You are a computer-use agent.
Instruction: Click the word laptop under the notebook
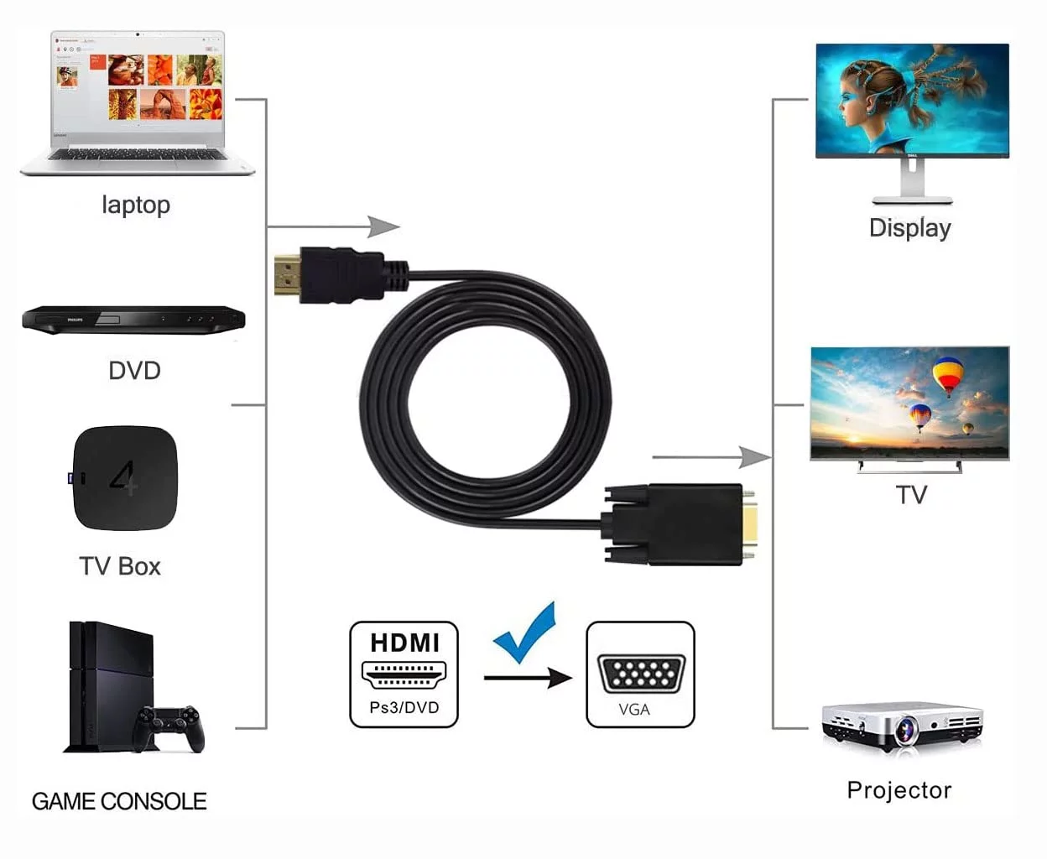coord(136,205)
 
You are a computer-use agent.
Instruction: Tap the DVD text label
coord(134,371)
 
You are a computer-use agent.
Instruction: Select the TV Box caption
coord(120,566)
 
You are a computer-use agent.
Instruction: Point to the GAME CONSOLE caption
coord(119,801)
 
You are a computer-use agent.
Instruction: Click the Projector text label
coord(899,790)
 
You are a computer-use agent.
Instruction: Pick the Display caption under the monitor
coord(910,228)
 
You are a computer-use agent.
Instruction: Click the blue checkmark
coord(524,633)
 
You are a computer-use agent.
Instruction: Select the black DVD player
coord(134,320)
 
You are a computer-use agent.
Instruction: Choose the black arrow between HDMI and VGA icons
coord(528,678)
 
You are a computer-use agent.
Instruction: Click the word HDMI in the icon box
coord(404,643)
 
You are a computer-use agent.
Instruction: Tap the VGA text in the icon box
coord(634,710)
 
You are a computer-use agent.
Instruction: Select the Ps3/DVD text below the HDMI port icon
coord(404,707)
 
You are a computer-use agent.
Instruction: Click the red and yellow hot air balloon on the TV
coord(947,377)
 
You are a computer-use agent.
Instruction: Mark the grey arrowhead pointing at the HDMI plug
coord(383,227)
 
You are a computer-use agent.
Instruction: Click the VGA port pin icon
coord(641,674)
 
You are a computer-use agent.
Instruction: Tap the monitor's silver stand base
coord(913,200)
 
